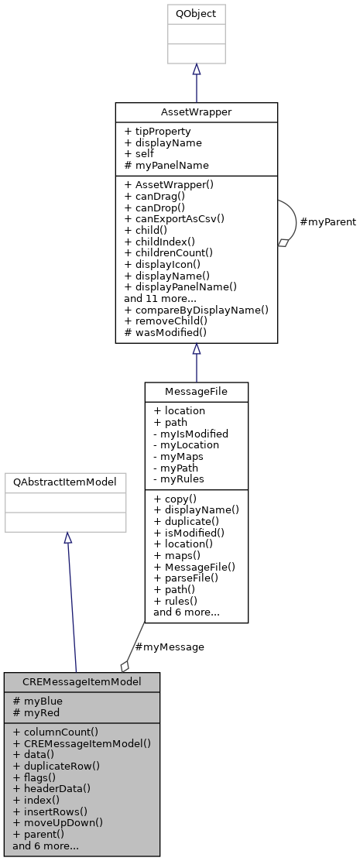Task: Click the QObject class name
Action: pos(197,13)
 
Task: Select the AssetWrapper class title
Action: pos(197,111)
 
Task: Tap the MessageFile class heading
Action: pos(196,392)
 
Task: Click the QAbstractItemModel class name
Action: pos(65,482)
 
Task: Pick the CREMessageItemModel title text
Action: pos(82,681)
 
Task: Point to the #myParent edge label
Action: pos(327,221)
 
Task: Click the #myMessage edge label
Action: pos(169,647)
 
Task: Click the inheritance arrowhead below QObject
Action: pos(197,70)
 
